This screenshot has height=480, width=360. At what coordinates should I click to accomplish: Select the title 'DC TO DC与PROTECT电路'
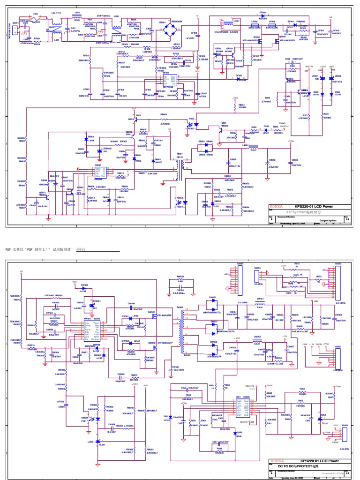click(x=297, y=466)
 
